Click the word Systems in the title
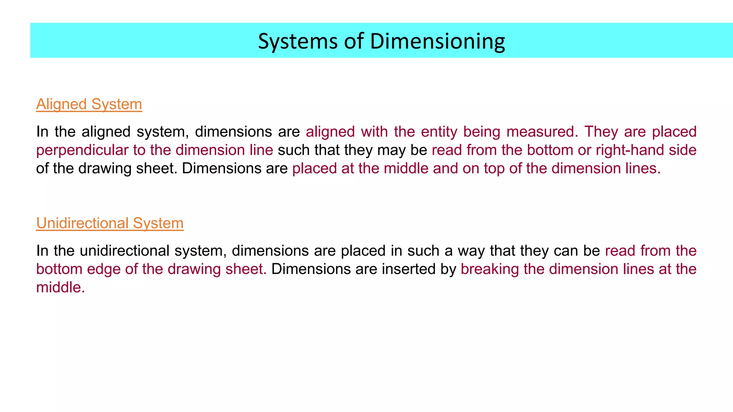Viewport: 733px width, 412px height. [x=298, y=41]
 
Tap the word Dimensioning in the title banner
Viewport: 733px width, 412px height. [x=437, y=41]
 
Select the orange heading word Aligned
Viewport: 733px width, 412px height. [x=62, y=104]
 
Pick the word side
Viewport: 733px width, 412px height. [x=683, y=150]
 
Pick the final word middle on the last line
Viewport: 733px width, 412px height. [x=60, y=287]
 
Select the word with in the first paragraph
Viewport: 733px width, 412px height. [x=375, y=132]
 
